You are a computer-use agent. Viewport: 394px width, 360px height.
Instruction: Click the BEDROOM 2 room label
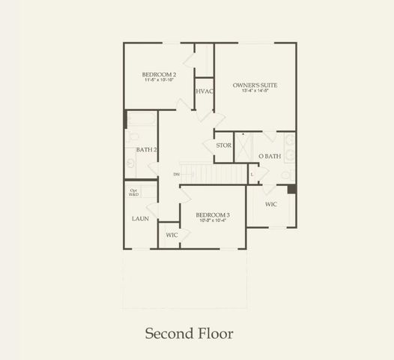click(x=159, y=74)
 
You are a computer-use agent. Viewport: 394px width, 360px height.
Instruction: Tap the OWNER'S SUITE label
click(x=255, y=85)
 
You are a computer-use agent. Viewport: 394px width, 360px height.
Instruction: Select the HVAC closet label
click(x=204, y=91)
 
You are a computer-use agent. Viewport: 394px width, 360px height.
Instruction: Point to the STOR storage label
click(x=223, y=145)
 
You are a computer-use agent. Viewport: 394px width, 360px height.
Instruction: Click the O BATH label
click(x=270, y=156)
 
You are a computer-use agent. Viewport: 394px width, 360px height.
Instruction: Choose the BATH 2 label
click(x=146, y=150)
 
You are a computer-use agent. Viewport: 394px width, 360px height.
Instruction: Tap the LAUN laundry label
click(x=140, y=218)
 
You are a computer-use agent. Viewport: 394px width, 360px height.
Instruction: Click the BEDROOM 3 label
click(x=212, y=214)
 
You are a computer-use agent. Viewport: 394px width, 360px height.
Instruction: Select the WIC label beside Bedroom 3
click(x=172, y=235)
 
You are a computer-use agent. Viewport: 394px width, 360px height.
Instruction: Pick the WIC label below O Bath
click(x=272, y=203)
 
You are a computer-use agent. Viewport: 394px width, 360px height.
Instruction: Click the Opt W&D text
click(x=135, y=192)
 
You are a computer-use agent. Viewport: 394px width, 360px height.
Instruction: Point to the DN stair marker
click(x=176, y=175)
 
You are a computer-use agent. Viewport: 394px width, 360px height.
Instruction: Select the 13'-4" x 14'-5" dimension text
click(x=255, y=92)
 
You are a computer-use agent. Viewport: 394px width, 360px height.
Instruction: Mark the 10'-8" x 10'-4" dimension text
click(x=212, y=221)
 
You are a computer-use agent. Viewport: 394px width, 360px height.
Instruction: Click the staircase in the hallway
click(x=214, y=173)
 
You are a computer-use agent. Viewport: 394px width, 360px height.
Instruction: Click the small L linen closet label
click(x=252, y=175)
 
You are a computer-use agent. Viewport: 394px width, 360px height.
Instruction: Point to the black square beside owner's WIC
click(x=291, y=189)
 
